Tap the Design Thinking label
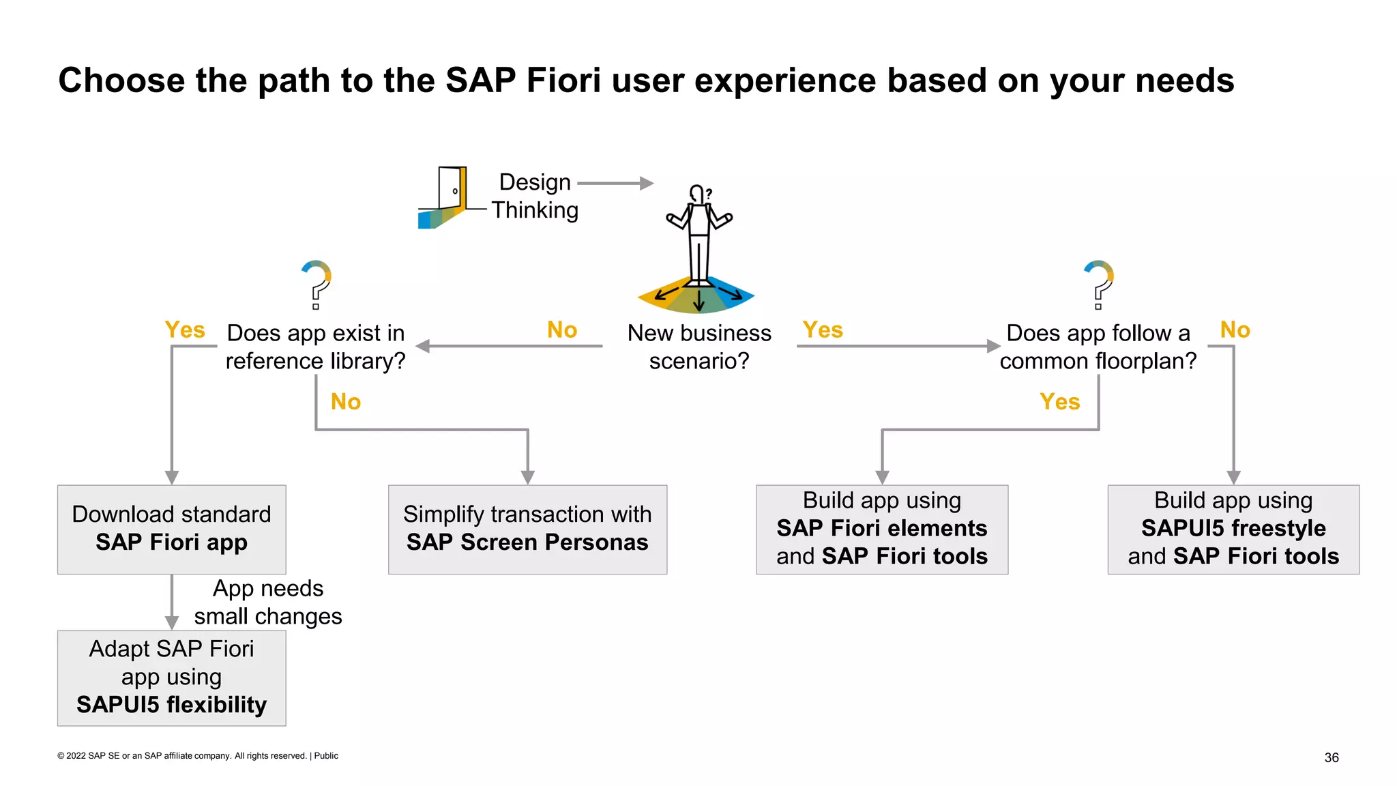(x=535, y=196)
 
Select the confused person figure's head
(x=697, y=193)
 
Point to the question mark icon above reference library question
(x=317, y=283)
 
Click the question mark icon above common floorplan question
(x=1099, y=283)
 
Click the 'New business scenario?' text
(x=699, y=347)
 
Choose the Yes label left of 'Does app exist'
(x=185, y=330)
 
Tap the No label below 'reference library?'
(x=346, y=402)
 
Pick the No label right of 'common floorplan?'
(x=1235, y=330)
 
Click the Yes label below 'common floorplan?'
(x=1059, y=402)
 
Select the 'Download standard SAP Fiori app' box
(x=171, y=529)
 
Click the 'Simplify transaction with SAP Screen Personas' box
(x=527, y=529)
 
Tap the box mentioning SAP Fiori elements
(x=881, y=529)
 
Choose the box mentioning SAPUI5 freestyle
(x=1233, y=529)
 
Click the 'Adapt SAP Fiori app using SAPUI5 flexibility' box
(x=171, y=677)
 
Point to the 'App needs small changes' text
(x=267, y=602)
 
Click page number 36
(x=1331, y=757)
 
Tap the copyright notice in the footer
(x=198, y=756)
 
